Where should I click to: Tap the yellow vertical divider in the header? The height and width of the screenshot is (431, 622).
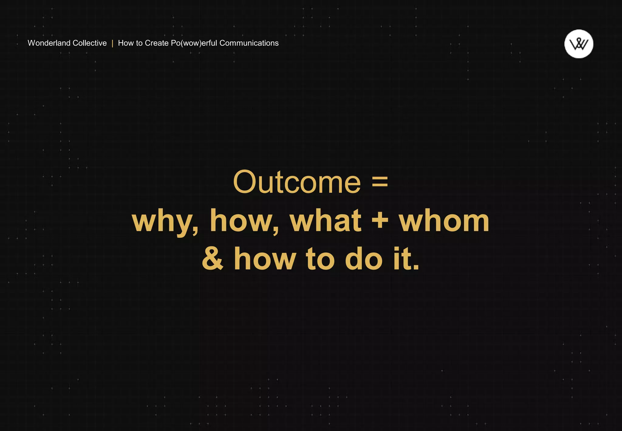112,43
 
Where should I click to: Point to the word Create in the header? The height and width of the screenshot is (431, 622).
157,43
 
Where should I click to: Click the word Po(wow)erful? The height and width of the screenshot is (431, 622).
194,43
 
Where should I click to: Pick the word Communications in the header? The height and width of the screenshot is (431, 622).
249,43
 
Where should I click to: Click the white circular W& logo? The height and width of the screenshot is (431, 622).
579,44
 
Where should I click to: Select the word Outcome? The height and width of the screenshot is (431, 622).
297,182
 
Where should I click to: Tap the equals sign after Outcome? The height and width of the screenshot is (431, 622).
380,181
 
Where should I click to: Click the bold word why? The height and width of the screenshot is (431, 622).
164,221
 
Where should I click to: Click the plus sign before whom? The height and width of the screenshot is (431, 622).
380,220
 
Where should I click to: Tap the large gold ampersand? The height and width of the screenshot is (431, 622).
213,259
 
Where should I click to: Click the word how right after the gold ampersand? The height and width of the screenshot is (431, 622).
265,259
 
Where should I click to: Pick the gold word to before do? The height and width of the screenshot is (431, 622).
320,259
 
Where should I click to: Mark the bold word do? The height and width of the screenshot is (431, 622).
364,259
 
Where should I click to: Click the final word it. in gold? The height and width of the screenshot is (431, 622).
406,259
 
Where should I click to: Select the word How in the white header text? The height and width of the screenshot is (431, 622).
126,43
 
